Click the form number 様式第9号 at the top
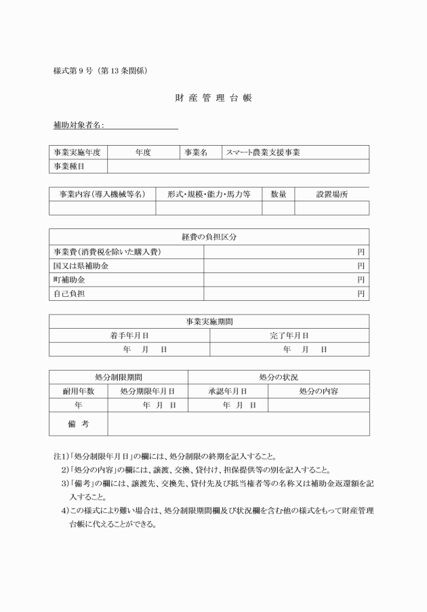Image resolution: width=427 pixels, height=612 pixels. pos(100,70)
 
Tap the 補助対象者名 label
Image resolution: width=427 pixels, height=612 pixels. pos(78,125)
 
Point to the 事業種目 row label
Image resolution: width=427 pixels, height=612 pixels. pos(68,166)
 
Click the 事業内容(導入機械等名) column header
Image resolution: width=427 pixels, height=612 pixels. pos(101,194)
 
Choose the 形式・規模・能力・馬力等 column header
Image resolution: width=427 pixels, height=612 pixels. pos(209,194)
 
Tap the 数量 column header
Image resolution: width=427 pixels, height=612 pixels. pos(278,194)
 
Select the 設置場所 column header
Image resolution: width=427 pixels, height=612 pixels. pos(331,194)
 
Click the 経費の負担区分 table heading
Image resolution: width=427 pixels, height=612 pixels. pos(209,237)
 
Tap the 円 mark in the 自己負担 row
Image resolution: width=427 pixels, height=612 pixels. pos(361,293)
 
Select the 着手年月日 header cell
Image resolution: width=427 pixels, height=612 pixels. pos(129,335)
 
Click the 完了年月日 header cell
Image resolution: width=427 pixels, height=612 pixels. pos(289,335)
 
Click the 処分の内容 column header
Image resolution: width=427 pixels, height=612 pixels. pos(319,391)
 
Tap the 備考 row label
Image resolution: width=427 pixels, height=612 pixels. pos(78,424)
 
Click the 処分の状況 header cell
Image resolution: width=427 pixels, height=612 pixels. pos(278,377)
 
